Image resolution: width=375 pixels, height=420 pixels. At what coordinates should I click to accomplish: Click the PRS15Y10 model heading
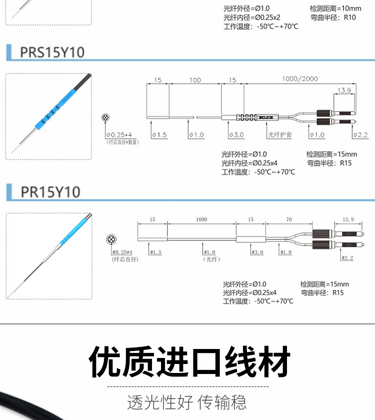click(52, 52)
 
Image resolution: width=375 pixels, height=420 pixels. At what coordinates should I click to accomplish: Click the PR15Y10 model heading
click(50, 191)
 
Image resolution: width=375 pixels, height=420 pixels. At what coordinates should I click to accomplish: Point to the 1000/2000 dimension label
click(299, 79)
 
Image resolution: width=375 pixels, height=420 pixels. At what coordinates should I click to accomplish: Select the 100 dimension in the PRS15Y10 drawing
click(195, 80)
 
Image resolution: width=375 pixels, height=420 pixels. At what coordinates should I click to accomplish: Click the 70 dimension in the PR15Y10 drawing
click(289, 219)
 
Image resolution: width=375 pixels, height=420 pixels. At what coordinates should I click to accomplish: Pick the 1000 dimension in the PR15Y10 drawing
click(201, 219)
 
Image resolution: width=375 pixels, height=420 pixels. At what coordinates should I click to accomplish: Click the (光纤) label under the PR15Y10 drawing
click(211, 259)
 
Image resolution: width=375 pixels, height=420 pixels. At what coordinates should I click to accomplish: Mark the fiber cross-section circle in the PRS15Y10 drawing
click(105, 117)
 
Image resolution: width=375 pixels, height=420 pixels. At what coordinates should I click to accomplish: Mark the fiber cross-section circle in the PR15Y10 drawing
click(110, 239)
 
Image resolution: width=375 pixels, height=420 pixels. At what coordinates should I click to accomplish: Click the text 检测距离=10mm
click(335, 8)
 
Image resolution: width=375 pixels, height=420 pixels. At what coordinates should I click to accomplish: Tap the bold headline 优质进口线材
click(189, 361)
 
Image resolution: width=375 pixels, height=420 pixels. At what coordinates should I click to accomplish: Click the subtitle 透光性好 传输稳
click(187, 402)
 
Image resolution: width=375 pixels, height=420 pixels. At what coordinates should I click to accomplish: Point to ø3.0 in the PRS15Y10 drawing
click(235, 135)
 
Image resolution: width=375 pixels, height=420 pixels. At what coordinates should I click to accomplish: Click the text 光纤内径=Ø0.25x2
click(251, 17)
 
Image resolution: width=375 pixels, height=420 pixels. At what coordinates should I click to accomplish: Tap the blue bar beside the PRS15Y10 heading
click(9, 52)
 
